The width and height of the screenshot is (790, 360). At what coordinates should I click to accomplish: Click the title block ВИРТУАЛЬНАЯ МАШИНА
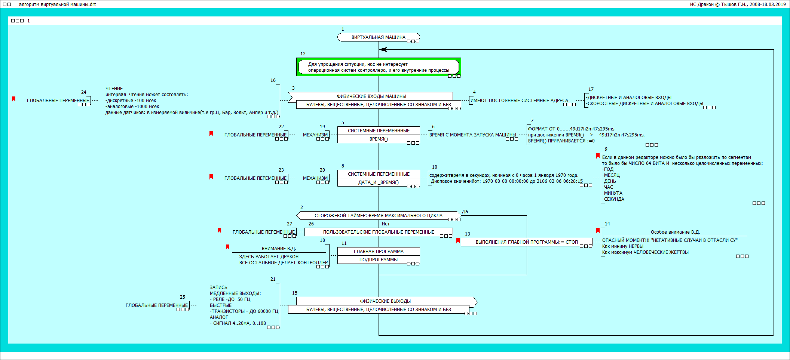378,37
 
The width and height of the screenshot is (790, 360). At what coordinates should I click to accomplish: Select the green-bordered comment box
378,67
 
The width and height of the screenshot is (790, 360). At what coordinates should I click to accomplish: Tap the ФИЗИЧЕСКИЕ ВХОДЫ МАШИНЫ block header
371,96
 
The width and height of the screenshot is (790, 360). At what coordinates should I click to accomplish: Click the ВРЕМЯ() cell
378,139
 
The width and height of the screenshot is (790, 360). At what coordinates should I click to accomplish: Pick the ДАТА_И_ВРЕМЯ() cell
378,182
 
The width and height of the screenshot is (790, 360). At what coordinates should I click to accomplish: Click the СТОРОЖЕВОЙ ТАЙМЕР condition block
378,216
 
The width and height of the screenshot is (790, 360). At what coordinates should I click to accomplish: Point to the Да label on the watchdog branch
465,212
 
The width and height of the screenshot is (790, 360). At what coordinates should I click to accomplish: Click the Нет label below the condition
386,224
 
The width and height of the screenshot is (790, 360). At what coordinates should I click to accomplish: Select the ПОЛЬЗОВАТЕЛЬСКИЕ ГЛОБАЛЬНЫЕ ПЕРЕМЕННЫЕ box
378,232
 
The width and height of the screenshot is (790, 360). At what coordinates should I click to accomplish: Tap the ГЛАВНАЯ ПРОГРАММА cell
378,252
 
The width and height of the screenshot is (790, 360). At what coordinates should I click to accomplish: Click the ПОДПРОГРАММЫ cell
378,260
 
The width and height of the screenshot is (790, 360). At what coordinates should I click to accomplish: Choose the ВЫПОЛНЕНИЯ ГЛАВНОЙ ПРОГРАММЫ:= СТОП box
526,242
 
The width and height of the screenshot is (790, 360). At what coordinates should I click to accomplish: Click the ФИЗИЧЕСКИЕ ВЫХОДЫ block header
385,301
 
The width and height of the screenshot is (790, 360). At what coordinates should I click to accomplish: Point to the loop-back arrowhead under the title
383,49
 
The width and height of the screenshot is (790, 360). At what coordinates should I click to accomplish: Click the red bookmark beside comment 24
14,99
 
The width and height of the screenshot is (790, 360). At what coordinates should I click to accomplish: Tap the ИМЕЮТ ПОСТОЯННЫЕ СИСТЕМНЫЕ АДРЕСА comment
519,101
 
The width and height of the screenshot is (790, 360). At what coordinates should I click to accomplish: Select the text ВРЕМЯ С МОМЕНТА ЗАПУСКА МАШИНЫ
472,135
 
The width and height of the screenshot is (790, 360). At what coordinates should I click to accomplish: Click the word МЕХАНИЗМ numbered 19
315,135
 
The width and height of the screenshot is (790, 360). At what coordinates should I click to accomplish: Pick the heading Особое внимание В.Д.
675,232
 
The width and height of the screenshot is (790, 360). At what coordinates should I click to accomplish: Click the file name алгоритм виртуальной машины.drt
57,4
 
